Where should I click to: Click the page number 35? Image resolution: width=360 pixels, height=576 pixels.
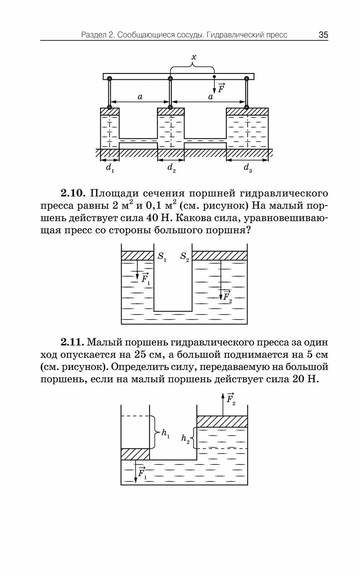click(x=323, y=35)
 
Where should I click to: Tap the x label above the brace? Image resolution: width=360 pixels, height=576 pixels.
click(x=194, y=57)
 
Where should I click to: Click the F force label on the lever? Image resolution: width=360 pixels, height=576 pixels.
click(x=221, y=88)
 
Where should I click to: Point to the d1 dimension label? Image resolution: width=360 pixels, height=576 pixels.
click(x=110, y=168)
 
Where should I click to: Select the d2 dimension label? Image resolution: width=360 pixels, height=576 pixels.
click(x=171, y=168)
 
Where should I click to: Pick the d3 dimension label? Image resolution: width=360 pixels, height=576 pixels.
click(x=248, y=168)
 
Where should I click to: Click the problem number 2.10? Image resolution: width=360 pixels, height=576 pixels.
click(x=73, y=193)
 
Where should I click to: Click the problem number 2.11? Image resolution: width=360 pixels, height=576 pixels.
click(x=73, y=342)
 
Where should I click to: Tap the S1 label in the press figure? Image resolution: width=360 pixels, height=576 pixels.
click(x=162, y=257)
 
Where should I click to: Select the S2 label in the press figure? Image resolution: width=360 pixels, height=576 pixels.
click(x=185, y=257)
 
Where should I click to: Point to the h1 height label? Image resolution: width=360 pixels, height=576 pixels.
click(x=165, y=434)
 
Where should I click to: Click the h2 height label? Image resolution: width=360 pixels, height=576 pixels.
click(x=185, y=439)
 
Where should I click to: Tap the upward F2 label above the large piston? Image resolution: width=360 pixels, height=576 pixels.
click(x=231, y=400)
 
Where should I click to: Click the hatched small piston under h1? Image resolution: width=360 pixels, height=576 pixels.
click(x=135, y=454)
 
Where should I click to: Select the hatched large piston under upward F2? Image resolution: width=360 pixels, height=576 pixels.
click(x=222, y=421)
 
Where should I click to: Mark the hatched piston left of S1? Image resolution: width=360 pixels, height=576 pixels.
click(x=137, y=256)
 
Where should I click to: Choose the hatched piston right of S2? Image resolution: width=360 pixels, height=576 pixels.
click(x=219, y=256)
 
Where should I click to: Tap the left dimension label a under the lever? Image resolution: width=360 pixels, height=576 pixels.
click(x=140, y=97)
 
